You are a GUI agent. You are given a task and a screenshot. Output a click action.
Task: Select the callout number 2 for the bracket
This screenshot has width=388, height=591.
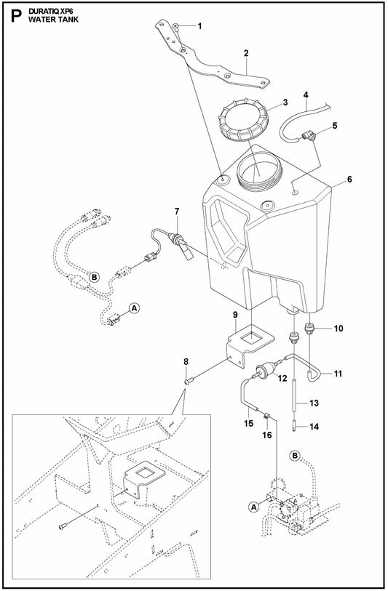246,53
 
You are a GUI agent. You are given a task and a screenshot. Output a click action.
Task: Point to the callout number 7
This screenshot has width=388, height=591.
175,211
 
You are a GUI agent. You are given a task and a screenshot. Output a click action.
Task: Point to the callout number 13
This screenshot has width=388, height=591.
314,402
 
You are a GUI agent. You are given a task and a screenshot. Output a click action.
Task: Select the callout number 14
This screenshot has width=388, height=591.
314,427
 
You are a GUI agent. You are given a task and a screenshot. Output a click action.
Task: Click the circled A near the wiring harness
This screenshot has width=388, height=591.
134,308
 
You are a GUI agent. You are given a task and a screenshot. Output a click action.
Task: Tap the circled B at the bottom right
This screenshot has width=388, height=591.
295,456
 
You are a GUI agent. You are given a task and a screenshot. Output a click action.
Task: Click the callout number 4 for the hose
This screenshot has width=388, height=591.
306,95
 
